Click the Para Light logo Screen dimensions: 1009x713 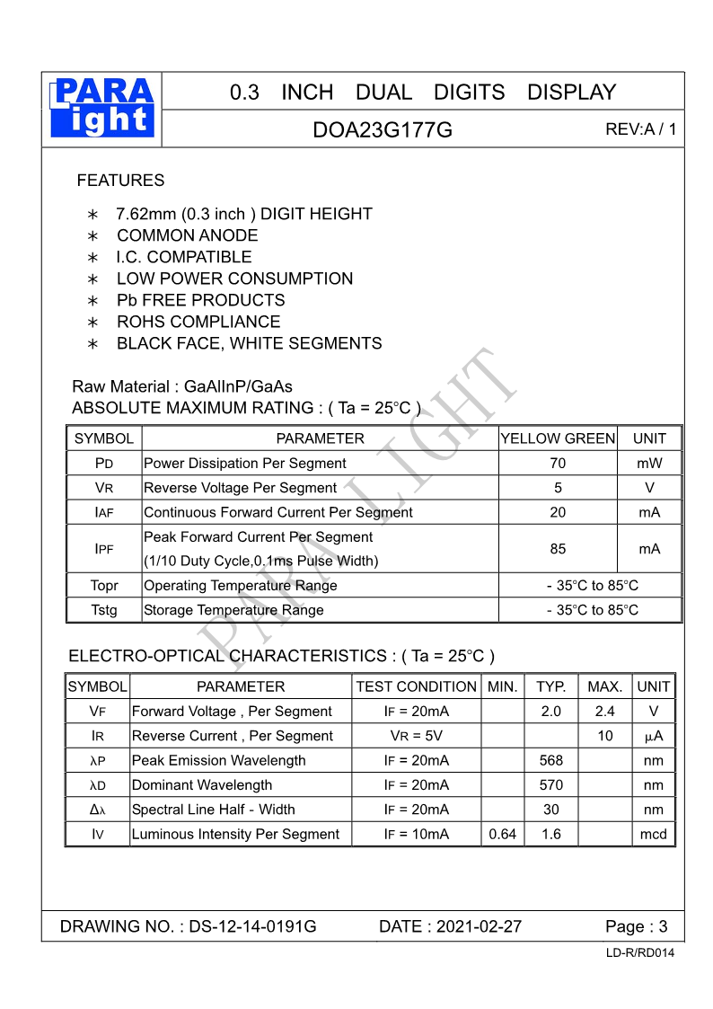[x=102, y=109]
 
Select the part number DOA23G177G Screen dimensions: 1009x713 [x=383, y=130]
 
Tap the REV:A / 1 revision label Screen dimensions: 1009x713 [x=640, y=129]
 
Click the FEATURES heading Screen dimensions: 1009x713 [x=120, y=181]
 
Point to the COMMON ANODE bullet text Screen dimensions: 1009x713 [x=187, y=235]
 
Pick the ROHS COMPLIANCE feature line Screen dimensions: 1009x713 [x=198, y=322]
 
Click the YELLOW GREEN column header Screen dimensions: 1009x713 [x=558, y=438]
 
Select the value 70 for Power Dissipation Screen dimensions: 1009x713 [x=558, y=464]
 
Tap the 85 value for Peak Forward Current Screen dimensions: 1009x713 [x=558, y=549]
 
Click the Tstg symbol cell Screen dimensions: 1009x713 [x=104, y=610]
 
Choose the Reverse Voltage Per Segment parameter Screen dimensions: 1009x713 [x=240, y=488]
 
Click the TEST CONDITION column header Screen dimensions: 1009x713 [x=416, y=686]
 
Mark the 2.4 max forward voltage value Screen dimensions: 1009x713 [x=604, y=712]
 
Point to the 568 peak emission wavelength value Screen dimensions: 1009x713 [x=550, y=760]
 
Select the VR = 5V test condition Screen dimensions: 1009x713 [x=416, y=736]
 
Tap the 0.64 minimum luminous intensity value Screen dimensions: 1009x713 [x=502, y=834]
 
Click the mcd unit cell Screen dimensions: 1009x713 [x=653, y=834]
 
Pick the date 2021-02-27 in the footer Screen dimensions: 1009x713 [x=450, y=926]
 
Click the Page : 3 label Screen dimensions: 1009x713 [x=636, y=926]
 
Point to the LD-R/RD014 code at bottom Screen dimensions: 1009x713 [x=639, y=953]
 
